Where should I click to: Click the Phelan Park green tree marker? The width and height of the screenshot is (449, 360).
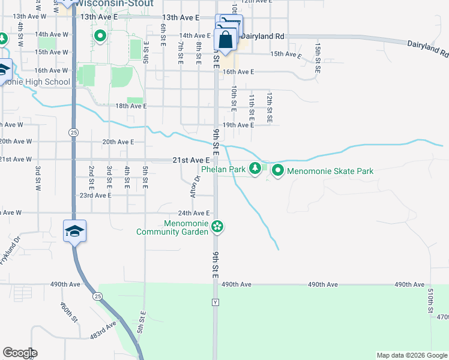click(x=256, y=168)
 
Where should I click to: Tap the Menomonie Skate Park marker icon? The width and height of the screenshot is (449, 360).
click(x=278, y=171)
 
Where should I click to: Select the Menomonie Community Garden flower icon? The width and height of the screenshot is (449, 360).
click(x=217, y=227)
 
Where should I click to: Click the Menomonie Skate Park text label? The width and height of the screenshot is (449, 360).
click(x=330, y=171)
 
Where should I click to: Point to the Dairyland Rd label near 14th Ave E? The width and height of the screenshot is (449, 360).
click(x=263, y=37)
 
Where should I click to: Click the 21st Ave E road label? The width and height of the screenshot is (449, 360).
click(x=191, y=160)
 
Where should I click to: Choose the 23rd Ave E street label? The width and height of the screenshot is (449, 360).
click(x=95, y=196)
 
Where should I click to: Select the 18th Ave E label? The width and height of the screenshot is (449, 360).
click(x=131, y=106)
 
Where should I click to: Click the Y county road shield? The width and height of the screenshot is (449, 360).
click(x=215, y=302)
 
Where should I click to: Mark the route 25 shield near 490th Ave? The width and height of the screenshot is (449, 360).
click(x=96, y=296)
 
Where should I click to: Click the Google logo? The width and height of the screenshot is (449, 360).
click(x=20, y=353)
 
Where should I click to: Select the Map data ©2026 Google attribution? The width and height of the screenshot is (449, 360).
click(x=412, y=355)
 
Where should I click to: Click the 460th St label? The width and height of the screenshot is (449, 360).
click(x=69, y=312)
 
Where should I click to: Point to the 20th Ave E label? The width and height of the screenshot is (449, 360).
click(x=118, y=142)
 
